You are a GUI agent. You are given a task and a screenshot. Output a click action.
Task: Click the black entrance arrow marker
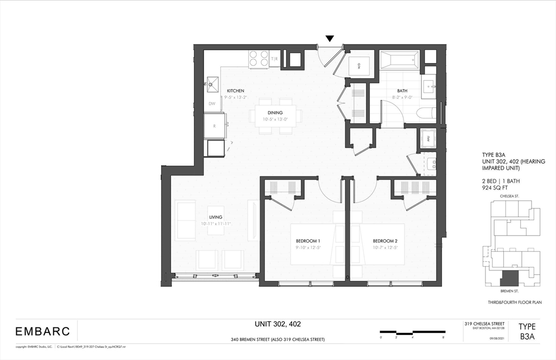[330, 39]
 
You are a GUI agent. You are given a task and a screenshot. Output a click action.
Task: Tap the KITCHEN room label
[235, 91]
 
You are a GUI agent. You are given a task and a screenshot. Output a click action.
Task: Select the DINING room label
[275, 112]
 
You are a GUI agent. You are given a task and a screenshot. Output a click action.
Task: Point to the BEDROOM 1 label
[308, 241]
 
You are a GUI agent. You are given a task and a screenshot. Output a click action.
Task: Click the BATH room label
[402, 91]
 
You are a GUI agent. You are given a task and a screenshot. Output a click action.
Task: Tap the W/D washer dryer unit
[359, 66]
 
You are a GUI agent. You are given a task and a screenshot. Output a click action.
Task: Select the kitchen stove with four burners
[258, 59]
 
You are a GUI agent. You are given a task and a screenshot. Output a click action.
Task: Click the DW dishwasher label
[212, 103]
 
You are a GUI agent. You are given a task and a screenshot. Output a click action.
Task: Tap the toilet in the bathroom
[426, 113]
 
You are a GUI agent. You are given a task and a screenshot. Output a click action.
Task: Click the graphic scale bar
[412, 332]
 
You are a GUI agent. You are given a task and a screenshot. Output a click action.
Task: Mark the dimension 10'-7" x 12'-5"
[385, 248]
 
